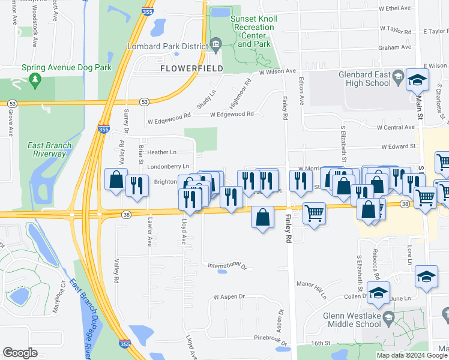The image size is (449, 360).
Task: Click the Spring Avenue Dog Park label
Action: point(67,68)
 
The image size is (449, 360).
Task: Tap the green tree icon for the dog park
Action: point(35,80)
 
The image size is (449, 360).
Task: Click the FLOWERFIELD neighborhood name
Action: point(192,68)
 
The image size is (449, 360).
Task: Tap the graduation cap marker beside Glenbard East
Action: point(417,80)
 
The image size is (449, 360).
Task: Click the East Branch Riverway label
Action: point(49,149)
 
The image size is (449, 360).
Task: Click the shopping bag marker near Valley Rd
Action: point(116,180)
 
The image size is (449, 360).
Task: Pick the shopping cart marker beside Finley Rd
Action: point(314,213)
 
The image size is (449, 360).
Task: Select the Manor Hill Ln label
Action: point(311,287)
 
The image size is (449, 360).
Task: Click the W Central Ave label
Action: point(396,127)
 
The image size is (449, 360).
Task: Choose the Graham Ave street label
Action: point(394,47)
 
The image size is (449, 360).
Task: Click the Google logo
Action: point(20,353)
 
